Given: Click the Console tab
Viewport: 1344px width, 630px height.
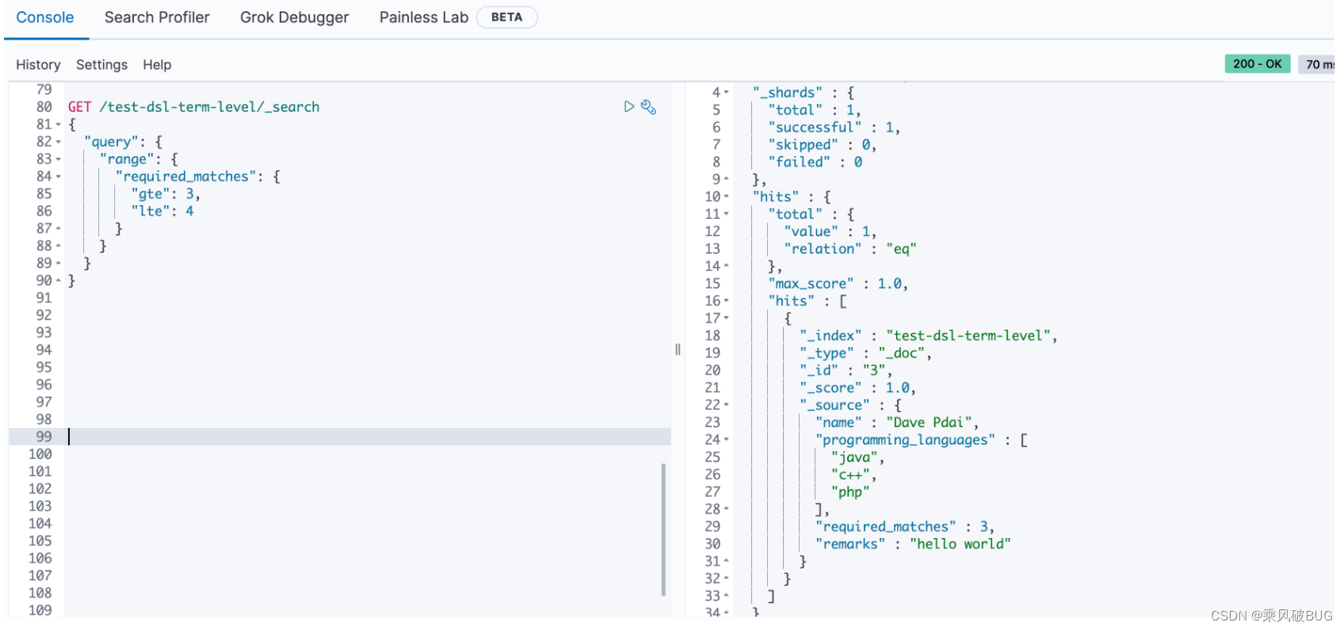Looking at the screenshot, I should [x=45, y=17].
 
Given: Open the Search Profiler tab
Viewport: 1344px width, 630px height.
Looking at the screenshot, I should [x=157, y=17].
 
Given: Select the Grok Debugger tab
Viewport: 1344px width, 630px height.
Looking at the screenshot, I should [x=294, y=17].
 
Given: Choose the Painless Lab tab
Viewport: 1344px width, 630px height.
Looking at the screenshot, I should [x=423, y=17].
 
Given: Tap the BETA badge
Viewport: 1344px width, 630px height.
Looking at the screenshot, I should [x=506, y=17].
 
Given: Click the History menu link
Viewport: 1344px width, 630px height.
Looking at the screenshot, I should [x=38, y=65].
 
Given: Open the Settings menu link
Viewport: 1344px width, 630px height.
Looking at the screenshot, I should [x=101, y=65].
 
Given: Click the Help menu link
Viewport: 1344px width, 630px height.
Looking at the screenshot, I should [x=157, y=65].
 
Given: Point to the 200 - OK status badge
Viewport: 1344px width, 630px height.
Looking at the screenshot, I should [x=1257, y=64].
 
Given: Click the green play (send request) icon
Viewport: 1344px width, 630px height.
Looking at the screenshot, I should [x=628, y=107].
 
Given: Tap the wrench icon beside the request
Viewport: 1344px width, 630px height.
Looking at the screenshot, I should [x=648, y=107].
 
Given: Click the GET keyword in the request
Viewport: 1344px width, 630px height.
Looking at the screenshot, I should [x=79, y=107].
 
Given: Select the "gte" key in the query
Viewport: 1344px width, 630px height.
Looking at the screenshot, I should [x=151, y=194].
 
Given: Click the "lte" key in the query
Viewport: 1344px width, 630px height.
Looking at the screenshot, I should [x=151, y=212].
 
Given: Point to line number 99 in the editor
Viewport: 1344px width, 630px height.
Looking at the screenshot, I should [x=44, y=437].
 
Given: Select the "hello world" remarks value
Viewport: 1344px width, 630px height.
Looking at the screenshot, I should [x=960, y=544].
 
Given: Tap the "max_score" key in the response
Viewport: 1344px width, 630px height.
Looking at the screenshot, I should [x=811, y=284].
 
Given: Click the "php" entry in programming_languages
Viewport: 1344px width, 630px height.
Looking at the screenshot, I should [x=850, y=492].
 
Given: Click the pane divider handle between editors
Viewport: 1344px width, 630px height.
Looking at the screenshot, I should [x=678, y=349].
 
